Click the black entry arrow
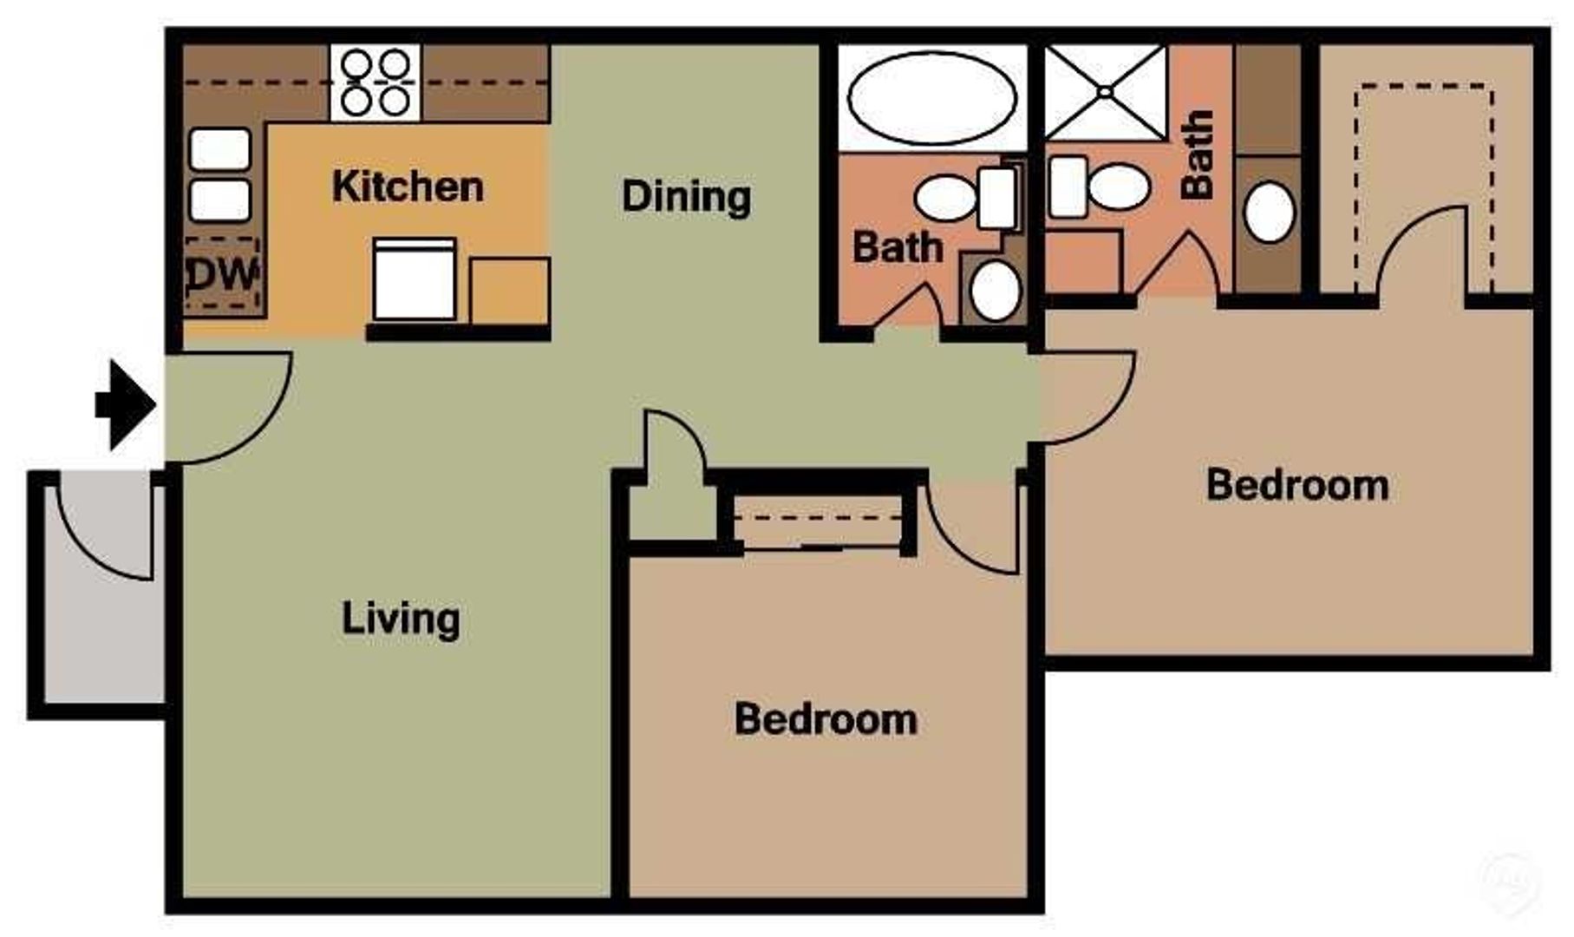pos(126,405)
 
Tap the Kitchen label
pos(408,187)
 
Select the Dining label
pos(686,196)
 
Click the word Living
pos(401,619)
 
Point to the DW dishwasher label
pos(223,275)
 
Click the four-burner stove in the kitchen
pos(376,82)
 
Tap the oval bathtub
pos(932,98)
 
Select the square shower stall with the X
pos(1106,92)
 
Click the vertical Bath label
pos(1197,154)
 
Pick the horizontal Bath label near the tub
pos(898,247)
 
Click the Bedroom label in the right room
pos(1297,485)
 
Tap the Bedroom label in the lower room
pos(826,719)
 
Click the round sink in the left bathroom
pos(995,290)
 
